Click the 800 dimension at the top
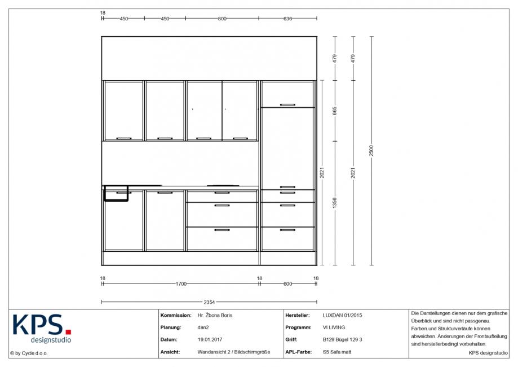click(x=222, y=19)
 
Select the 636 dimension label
click(x=287, y=19)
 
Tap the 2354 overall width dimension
click(x=209, y=302)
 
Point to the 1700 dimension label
click(x=181, y=283)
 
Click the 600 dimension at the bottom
click(x=287, y=283)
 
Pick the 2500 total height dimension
click(x=371, y=151)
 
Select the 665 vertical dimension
click(x=335, y=111)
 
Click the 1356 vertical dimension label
click(x=335, y=203)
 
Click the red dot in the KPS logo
click(x=68, y=331)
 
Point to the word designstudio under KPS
click(x=51, y=340)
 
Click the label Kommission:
click(x=176, y=316)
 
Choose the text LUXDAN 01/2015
click(x=342, y=316)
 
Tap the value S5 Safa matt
click(x=337, y=352)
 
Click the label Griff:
click(x=291, y=339)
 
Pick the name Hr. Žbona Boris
click(x=215, y=316)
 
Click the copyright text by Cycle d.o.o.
click(x=29, y=353)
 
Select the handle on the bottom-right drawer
click(x=287, y=230)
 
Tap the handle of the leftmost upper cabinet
click(x=124, y=138)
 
